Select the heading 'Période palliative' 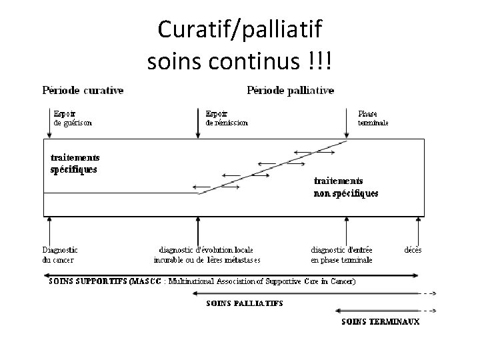[290, 90]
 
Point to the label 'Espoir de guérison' [72, 118]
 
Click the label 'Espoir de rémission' [227, 118]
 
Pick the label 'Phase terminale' [373, 118]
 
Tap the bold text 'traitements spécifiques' [75, 163]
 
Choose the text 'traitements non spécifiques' [345, 187]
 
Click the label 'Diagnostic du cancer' [59, 255]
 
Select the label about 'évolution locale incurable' [207, 255]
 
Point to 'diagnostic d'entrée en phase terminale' [341, 255]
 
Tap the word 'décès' [412, 250]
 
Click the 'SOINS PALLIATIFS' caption [244, 303]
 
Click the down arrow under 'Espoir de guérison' [48, 125]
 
